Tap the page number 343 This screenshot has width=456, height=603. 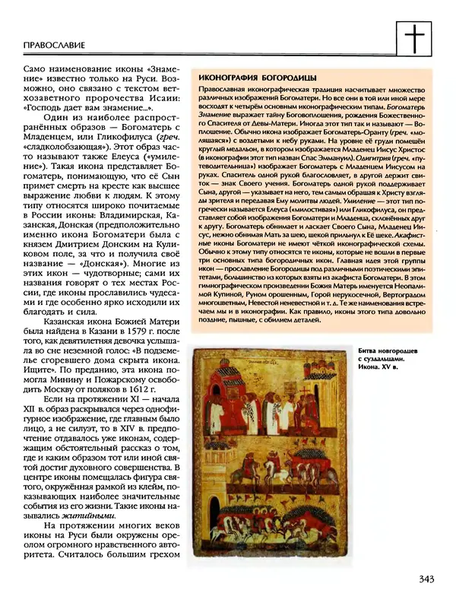tap(426, 581)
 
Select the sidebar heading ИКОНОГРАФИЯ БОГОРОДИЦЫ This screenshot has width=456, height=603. tap(255, 78)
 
